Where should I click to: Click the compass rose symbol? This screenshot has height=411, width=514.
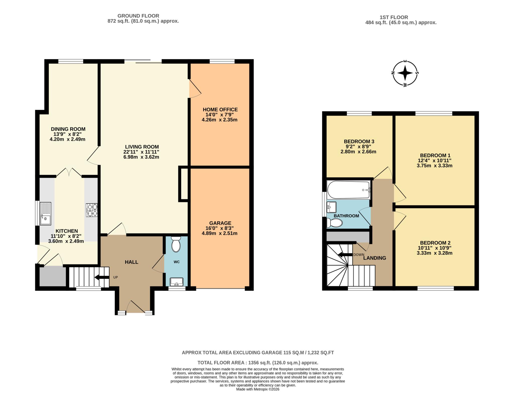click(405, 73)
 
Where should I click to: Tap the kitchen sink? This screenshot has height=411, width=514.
click(45, 213)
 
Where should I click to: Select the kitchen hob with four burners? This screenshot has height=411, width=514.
click(92, 210)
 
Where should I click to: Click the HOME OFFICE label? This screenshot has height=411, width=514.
click(220, 109)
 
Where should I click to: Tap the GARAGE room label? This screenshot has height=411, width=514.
click(220, 223)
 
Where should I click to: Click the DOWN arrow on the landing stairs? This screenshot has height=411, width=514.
click(345, 255)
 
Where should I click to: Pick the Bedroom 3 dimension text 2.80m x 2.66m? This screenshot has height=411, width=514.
click(358, 152)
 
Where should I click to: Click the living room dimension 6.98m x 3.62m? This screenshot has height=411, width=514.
click(141, 157)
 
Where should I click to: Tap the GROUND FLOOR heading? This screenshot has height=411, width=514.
click(138, 16)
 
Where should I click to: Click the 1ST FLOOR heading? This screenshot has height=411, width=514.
click(394, 17)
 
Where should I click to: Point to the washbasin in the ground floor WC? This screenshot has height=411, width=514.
click(177, 282)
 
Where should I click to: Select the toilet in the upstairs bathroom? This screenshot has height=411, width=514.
click(335, 223)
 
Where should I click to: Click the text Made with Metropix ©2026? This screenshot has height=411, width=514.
click(258, 389)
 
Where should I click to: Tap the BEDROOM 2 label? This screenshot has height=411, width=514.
click(435, 243)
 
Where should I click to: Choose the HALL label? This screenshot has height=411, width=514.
click(132, 262)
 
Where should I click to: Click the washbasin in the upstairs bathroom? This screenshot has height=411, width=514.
click(332, 207)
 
